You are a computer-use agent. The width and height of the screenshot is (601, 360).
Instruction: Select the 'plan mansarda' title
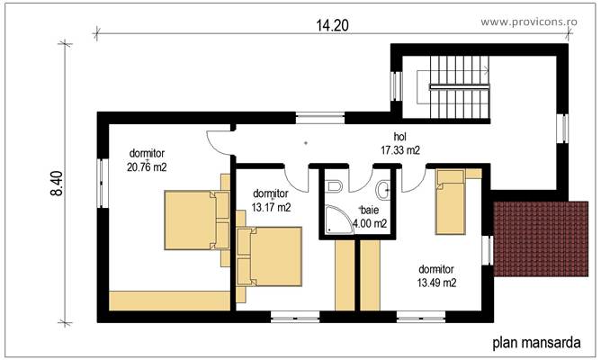(x=534, y=342)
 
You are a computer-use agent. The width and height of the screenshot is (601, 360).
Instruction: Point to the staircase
(x=459, y=85)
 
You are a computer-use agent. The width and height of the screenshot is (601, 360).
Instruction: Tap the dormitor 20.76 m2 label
(x=148, y=159)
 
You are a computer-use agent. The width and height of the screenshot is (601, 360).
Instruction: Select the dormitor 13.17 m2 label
(x=271, y=200)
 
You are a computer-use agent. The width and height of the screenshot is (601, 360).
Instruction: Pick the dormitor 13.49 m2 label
(x=436, y=275)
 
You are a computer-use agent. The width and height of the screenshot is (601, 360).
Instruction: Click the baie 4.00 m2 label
(x=369, y=217)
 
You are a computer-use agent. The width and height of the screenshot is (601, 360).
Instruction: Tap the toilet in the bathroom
(x=335, y=186)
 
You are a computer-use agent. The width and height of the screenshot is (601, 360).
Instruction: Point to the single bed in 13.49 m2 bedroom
(x=452, y=202)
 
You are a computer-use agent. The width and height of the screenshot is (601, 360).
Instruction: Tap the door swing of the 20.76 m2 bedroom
(x=220, y=139)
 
